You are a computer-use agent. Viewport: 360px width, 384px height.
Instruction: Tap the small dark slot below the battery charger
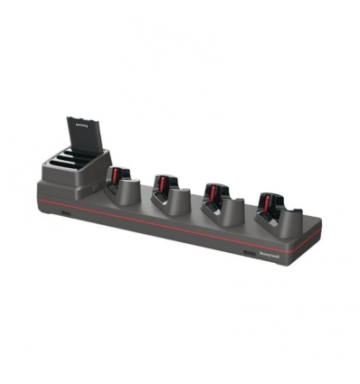65,216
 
